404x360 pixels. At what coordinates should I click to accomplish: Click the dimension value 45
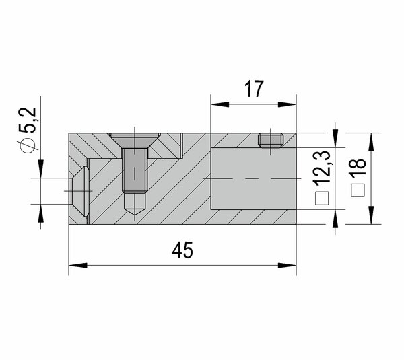click(182, 250)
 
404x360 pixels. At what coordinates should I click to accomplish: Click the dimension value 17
click(254, 89)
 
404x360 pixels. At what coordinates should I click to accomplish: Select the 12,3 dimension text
click(322, 168)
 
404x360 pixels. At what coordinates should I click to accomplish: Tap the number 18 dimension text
click(358, 167)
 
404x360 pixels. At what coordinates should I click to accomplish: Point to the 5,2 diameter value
click(28, 120)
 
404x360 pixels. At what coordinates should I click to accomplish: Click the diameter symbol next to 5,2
click(28, 146)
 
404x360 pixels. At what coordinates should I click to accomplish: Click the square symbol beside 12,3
click(322, 199)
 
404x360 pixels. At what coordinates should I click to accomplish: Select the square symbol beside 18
click(358, 190)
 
